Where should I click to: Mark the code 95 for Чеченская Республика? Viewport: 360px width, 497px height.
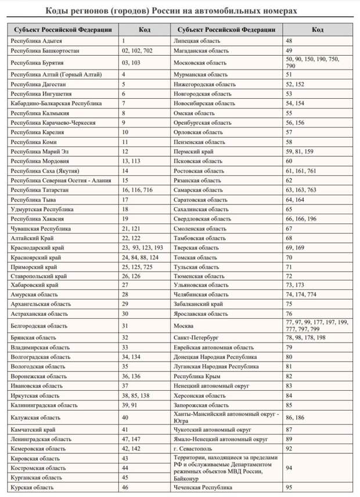tap(289, 487)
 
